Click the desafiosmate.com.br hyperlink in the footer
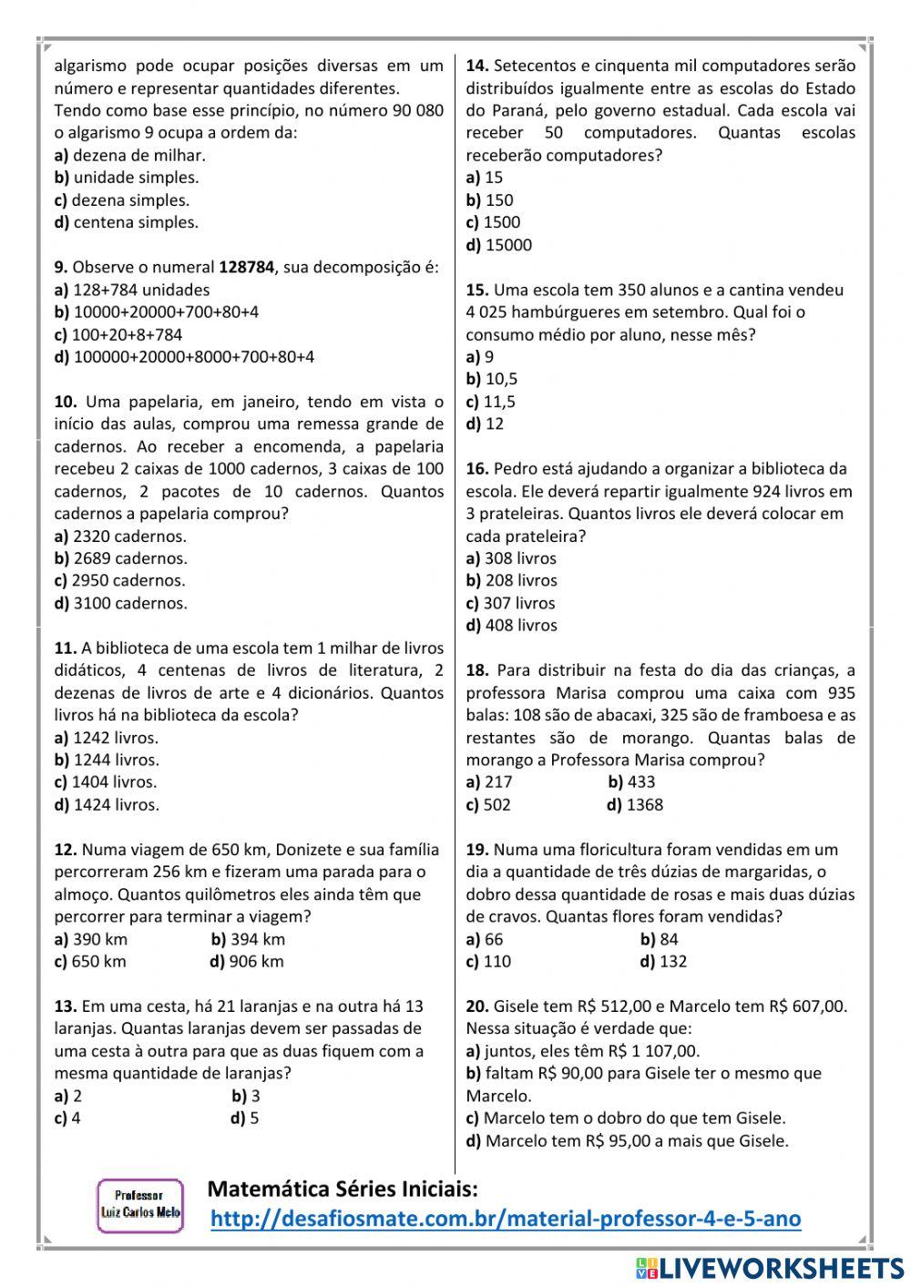[x=506, y=1219]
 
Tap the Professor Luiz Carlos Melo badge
[x=139, y=1204]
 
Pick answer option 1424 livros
[x=107, y=804]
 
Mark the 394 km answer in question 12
[x=248, y=939]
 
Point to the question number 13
[x=65, y=1006]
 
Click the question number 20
[x=477, y=1006]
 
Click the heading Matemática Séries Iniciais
[x=343, y=1189]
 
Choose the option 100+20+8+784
[x=118, y=334]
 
